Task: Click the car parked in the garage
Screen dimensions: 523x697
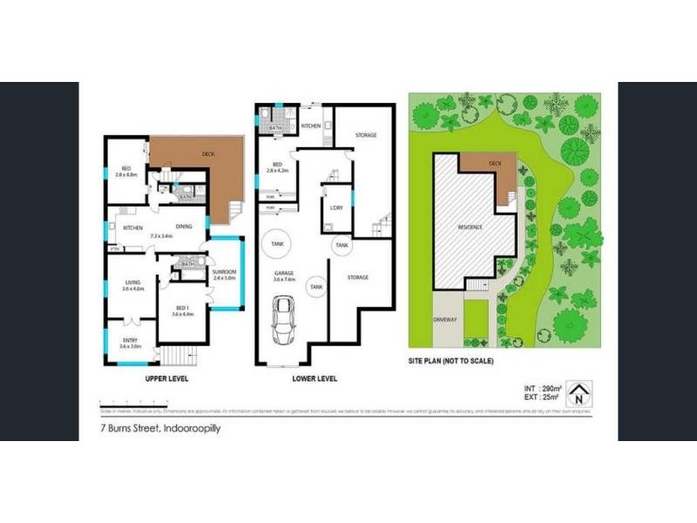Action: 282,321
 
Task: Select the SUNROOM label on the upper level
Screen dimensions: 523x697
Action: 224,275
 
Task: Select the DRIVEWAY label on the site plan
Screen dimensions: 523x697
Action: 444,319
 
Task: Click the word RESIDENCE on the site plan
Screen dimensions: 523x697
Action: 470,228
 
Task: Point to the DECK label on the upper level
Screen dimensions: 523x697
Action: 208,153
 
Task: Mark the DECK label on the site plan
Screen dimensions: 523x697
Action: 495,163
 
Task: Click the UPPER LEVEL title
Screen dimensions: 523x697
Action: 165,379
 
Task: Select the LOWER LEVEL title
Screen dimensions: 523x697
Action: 314,379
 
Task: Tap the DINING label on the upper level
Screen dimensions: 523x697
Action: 183,228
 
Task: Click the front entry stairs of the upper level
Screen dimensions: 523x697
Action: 175,355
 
